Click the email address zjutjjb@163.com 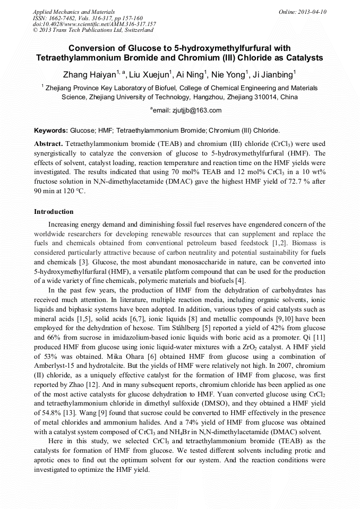click(x=187, y=110)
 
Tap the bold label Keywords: click(x=51, y=130)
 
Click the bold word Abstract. click(x=49, y=144)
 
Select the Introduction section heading click(x=54, y=212)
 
